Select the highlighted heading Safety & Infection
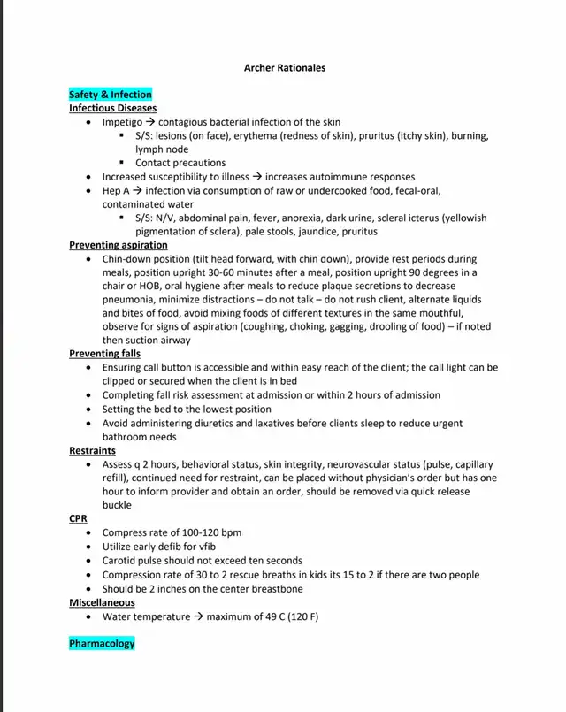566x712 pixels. tap(111, 95)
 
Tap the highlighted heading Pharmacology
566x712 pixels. tap(102, 644)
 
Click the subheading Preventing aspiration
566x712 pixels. tap(119, 245)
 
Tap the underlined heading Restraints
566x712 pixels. tap(92, 450)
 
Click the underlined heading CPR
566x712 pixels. tap(78, 519)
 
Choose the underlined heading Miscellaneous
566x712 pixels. tap(102, 602)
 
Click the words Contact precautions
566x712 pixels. tap(180, 163)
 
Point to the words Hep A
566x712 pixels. tap(117, 190)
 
